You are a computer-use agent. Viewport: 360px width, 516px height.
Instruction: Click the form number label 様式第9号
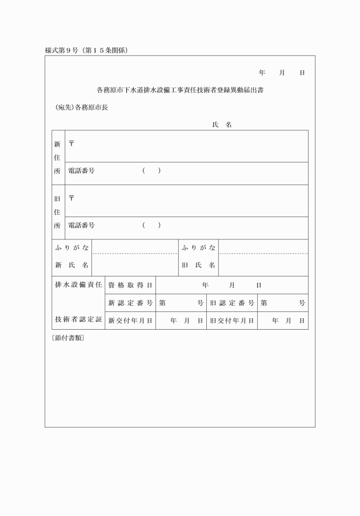tap(65, 50)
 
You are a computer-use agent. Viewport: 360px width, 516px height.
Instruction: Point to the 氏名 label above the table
tap(221, 125)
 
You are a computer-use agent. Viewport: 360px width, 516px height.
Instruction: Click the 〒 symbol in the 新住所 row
tap(71, 143)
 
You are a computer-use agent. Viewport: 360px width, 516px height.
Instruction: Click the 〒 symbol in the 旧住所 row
tap(71, 198)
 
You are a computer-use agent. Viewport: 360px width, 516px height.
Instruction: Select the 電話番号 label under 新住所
tap(81, 171)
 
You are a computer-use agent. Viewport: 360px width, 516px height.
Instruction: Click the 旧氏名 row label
tap(198, 266)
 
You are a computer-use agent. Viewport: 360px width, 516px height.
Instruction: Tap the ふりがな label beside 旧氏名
tap(198, 247)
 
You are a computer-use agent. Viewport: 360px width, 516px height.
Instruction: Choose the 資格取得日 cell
tap(130, 285)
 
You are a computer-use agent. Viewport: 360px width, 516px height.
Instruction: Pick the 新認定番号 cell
tap(130, 303)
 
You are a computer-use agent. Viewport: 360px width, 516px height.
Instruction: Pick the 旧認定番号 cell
tap(232, 303)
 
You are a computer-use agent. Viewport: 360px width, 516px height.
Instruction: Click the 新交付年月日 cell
tap(130, 321)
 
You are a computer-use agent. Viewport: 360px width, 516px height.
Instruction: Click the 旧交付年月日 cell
tap(232, 321)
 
